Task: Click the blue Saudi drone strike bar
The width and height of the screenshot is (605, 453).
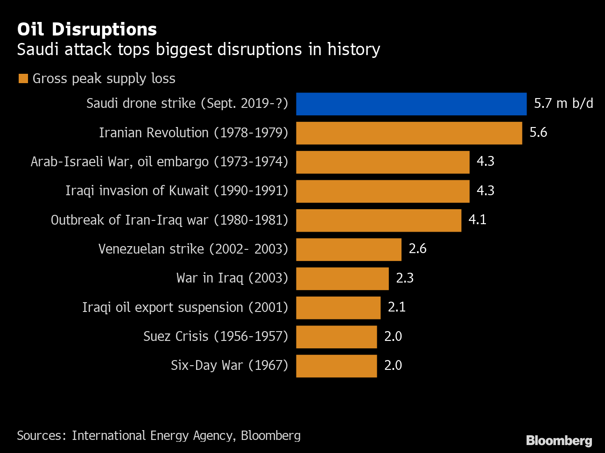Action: (x=411, y=104)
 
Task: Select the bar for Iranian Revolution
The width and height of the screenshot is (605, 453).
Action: (x=409, y=133)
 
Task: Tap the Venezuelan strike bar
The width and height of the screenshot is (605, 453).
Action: (x=349, y=249)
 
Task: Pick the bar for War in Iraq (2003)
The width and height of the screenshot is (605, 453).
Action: (x=342, y=278)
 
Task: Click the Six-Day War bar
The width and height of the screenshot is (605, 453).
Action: (x=336, y=366)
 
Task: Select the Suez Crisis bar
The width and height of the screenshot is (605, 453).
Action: (x=336, y=337)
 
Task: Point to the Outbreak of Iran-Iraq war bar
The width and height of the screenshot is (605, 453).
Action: (x=379, y=220)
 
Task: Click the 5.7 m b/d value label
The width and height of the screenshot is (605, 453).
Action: (x=563, y=103)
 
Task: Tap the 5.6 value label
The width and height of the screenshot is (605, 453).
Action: (x=538, y=133)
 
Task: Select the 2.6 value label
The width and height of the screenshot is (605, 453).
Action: (x=417, y=249)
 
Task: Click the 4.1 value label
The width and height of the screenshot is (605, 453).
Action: (x=477, y=220)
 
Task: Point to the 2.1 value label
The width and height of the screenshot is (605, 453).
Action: (x=397, y=307)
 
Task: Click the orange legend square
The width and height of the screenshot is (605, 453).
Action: (x=23, y=78)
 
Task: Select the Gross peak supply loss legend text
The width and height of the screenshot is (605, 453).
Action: (x=104, y=78)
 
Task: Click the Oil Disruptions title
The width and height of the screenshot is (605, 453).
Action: (x=87, y=29)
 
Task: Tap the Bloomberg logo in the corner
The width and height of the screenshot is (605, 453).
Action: (x=559, y=440)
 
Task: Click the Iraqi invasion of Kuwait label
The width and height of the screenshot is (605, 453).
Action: (x=176, y=191)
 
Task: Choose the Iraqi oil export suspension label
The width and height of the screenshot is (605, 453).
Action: (x=185, y=308)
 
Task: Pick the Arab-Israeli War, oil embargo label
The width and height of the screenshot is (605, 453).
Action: (x=159, y=162)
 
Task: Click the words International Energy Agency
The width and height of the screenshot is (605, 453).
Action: (x=152, y=436)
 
